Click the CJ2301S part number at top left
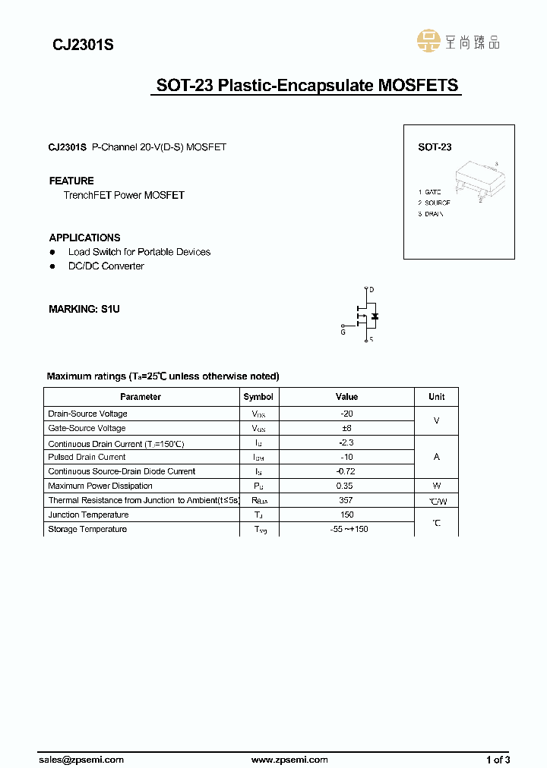83,46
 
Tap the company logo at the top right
459,41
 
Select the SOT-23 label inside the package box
435,147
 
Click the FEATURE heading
71,181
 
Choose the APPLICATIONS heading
84,238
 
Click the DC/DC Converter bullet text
106,266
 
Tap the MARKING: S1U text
84,309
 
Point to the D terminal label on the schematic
372,290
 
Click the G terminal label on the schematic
343,332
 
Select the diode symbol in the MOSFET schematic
374,315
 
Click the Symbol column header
258,397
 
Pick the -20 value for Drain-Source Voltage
346,414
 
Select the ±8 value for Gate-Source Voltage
346,428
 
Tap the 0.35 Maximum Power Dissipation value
346,486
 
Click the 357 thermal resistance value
346,500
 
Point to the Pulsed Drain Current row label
87,457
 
